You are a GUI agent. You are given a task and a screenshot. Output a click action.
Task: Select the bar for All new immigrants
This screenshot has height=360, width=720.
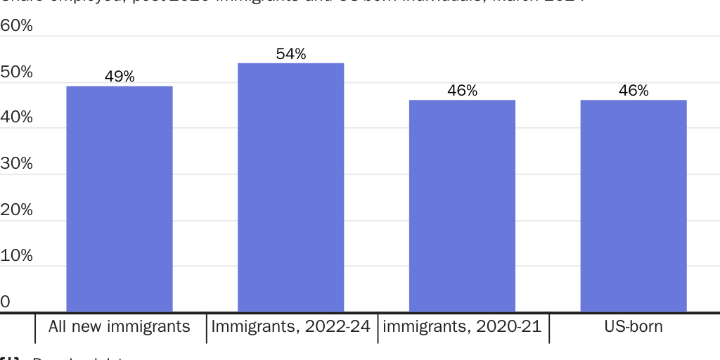click(x=120, y=199)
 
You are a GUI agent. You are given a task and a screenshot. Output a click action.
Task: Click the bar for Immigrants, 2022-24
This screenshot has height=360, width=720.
click(x=290, y=188)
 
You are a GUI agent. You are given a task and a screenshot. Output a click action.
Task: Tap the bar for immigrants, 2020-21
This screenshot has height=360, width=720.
click(x=462, y=206)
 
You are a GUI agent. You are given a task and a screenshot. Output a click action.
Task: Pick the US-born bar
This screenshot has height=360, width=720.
click(x=634, y=206)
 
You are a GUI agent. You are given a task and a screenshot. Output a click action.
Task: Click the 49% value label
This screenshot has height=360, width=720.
click(x=120, y=77)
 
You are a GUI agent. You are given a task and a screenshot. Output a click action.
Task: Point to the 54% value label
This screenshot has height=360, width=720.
click(x=290, y=54)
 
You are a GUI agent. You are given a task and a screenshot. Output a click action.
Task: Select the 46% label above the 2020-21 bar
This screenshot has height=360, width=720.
click(x=462, y=91)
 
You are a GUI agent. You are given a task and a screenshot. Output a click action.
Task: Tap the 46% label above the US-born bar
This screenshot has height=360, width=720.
click(x=634, y=91)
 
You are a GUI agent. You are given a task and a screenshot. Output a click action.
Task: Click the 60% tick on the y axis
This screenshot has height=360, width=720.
click(x=16, y=26)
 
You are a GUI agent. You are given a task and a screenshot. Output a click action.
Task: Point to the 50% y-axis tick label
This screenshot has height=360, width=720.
click(x=16, y=72)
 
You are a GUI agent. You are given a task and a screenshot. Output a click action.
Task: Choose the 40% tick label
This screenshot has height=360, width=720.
click(x=16, y=117)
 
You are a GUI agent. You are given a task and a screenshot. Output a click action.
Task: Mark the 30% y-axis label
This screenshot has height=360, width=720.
click(x=16, y=164)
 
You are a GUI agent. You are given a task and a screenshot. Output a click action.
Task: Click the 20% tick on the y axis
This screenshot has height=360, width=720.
click(x=16, y=210)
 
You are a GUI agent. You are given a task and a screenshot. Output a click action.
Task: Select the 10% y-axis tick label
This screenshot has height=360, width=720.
click(x=16, y=255)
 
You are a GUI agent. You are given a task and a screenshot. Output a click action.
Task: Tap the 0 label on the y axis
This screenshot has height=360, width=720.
click(x=6, y=302)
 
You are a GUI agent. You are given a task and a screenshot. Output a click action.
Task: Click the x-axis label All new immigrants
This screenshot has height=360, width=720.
click(x=120, y=327)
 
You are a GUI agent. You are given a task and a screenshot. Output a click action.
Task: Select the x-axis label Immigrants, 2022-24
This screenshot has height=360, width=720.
click(x=290, y=327)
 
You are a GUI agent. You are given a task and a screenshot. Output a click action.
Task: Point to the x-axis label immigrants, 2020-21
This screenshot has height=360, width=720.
click(x=462, y=327)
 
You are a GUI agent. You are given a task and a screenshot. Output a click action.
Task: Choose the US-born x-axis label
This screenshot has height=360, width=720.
click(x=634, y=327)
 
